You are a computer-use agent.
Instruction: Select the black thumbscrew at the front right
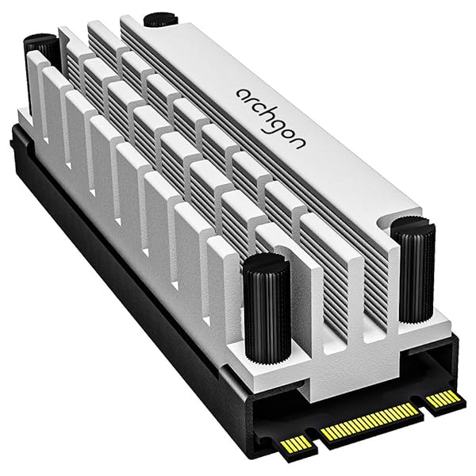[x=413, y=270]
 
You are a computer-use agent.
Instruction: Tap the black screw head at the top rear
[x=159, y=15]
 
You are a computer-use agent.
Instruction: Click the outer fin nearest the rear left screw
[x=36, y=87]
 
